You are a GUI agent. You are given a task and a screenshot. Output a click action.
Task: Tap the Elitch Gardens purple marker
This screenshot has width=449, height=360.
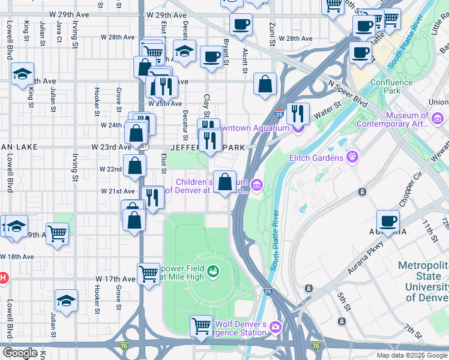(352, 158)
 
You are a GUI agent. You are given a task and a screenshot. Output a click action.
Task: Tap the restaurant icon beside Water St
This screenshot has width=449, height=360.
(298, 113)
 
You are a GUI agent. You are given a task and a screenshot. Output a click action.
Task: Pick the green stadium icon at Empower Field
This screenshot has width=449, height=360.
(212, 274)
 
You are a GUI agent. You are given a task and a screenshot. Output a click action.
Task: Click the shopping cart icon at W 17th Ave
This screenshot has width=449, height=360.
(148, 274)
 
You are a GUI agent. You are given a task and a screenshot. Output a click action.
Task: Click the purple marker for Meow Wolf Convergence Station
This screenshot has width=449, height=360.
(276, 326)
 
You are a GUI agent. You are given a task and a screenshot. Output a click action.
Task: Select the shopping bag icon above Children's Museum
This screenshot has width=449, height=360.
(224, 182)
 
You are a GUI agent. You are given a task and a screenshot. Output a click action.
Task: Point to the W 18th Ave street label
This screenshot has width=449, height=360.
(20, 256)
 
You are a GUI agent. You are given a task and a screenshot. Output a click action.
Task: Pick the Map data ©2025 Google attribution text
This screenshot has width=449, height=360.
(411, 355)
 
